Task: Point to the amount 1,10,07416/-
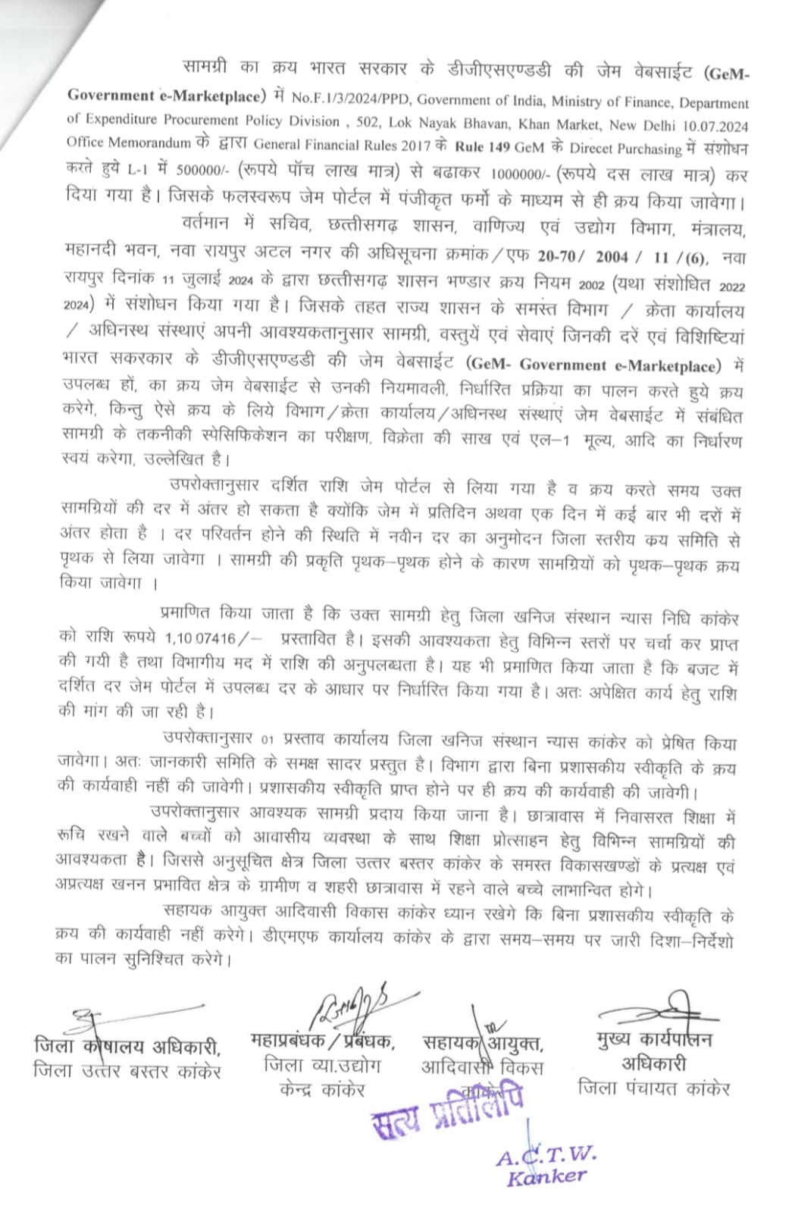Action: pos(215,640)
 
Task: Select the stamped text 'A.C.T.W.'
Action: pos(546,1155)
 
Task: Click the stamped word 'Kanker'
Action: pos(546,1177)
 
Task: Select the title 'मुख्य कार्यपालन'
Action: pos(654,1039)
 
